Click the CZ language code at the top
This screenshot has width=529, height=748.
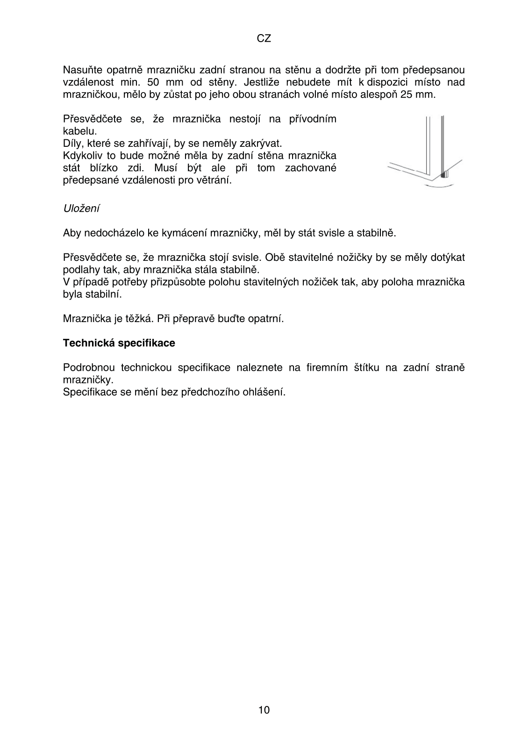click(x=264, y=39)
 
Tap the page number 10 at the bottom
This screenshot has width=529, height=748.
click(x=264, y=710)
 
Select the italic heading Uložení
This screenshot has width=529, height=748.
click(x=81, y=209)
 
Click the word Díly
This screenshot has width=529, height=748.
click(x=72, y=143)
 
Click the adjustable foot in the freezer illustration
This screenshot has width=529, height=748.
click(x=444, y=175)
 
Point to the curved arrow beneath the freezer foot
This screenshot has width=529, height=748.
click(x=439, y=186)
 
